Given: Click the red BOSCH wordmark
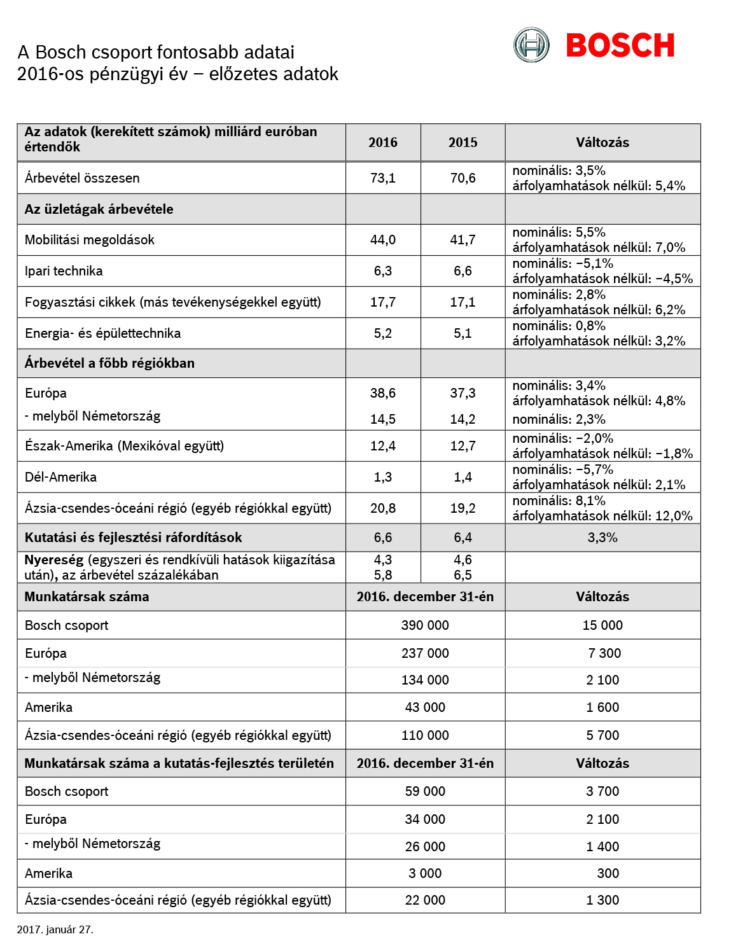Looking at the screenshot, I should pos(620,45).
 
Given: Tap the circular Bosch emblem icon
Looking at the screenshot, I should pos(531,45).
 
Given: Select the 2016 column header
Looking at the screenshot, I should pos(383,143).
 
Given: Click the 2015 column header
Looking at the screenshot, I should pos(463,143).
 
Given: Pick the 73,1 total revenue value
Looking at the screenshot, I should pos(383,178).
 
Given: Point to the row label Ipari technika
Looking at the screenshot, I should pos(64,271).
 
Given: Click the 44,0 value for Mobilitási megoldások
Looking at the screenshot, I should pos(383,240).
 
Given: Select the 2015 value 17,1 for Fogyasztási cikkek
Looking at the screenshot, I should pos(463,302).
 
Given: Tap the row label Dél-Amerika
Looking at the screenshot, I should pos(60,477).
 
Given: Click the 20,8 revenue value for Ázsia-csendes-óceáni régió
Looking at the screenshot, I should pos(383,508).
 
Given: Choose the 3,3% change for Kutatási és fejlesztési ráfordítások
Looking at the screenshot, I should pos(602,538).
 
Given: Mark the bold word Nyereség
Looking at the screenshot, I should pos(54,560).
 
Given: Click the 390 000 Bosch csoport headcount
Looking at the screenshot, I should pos(425,625).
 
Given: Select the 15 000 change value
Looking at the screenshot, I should pos(602,625).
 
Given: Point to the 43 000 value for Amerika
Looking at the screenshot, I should pos(425,707).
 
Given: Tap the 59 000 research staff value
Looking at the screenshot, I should pos(425,791).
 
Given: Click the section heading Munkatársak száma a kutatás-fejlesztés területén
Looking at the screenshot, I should pos(179,763).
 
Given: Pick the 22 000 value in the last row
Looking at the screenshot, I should pos(425,900).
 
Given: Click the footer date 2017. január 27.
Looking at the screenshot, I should pos(55,929).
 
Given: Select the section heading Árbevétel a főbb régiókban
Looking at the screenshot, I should pos(109,363).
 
